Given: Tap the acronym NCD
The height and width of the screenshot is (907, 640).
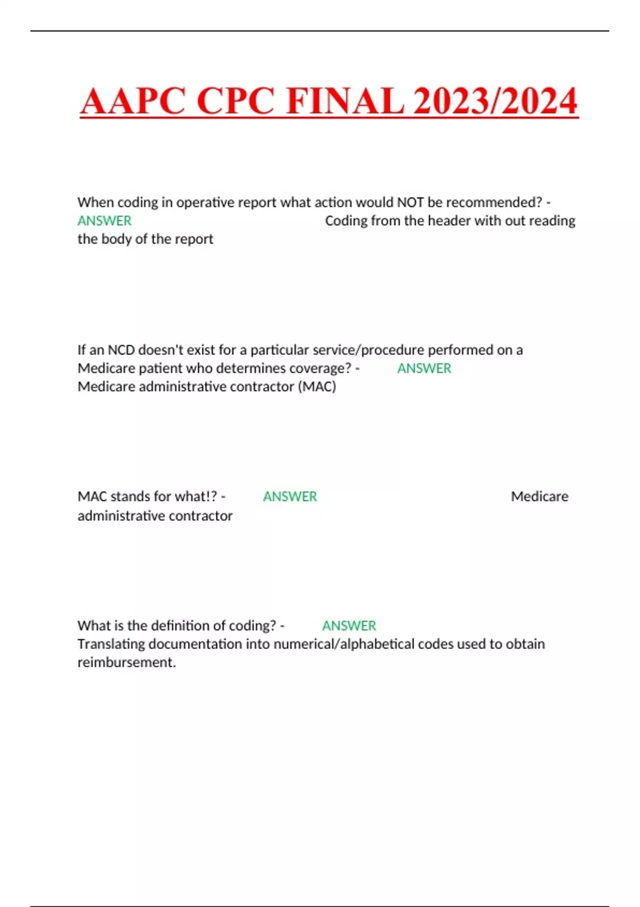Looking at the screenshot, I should click(x=121, y=350).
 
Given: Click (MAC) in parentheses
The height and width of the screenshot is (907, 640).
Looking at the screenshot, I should click(x=319, y=386).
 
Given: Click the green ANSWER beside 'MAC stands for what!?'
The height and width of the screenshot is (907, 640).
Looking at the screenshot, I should click(x=290, y=497).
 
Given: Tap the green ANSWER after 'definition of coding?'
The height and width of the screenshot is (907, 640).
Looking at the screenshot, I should click(x=349, y=625).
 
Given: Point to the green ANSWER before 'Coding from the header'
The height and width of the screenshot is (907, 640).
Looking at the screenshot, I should click(x=105, y=221).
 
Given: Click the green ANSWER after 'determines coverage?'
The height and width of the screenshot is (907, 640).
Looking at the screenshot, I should click(x=424, y=368).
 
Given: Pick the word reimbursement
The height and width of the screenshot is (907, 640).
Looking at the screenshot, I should click(x=126, y=662).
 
